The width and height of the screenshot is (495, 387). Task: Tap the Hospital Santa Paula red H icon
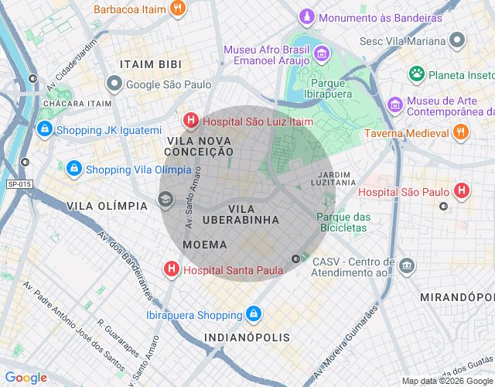171,269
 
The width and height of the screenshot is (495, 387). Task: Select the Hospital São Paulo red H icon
461,190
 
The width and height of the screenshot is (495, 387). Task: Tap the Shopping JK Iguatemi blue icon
45,130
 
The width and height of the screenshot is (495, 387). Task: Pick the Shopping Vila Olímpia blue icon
73,169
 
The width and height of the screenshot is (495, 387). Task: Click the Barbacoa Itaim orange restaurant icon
179,9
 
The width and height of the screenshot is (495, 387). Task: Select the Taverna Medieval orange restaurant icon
461,132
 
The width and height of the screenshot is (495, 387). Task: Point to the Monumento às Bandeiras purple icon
307,17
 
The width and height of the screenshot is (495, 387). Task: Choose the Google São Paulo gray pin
114,84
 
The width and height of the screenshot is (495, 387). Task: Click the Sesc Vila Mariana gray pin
458,39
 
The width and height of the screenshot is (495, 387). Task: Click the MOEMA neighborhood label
205,245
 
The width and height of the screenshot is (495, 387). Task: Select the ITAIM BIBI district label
150,64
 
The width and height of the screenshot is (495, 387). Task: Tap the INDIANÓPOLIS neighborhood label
247,337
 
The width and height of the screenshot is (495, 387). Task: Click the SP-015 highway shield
19,183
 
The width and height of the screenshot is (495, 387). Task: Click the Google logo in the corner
26,378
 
